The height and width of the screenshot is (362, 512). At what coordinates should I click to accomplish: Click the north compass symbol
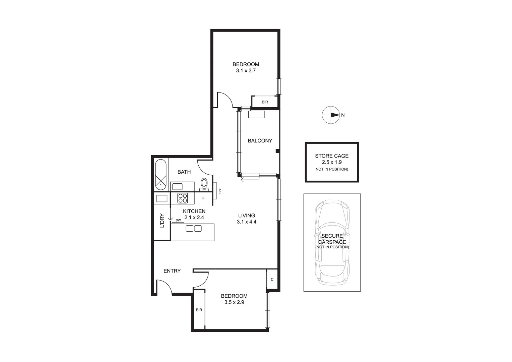[331, 115]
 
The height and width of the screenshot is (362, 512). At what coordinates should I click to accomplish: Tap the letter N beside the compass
[343, 115]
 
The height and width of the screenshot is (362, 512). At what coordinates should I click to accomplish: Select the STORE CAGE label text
[332, 156]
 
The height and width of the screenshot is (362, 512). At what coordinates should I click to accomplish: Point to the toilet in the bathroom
[204, 184]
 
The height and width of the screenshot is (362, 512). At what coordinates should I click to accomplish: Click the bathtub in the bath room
[161, 173]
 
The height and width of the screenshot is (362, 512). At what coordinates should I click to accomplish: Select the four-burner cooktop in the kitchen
[183, 198]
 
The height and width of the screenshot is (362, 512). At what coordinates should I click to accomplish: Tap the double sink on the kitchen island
[193, 229]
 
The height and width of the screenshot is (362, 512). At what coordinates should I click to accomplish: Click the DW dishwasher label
[178, 220]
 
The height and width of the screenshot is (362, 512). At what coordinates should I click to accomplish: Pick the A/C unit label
[220, 191]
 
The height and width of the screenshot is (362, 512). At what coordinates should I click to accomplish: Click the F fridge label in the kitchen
[203, 198]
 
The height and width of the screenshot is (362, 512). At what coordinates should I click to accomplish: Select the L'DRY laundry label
[162, 221]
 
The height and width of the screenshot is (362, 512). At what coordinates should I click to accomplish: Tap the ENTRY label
[172, 271]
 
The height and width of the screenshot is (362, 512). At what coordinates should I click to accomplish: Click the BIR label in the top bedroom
[265, 102]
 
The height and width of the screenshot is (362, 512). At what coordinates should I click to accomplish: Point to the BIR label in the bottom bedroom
[199, 310]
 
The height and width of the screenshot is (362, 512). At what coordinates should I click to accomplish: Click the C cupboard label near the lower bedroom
[272, 280]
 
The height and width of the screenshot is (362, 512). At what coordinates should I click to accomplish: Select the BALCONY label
[260, 141]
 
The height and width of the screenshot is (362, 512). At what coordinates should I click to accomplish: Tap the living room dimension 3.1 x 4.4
[247, 222]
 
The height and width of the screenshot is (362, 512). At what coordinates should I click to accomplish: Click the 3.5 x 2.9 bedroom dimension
[234, 302]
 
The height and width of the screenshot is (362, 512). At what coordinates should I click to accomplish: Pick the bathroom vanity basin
[177, 187]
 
